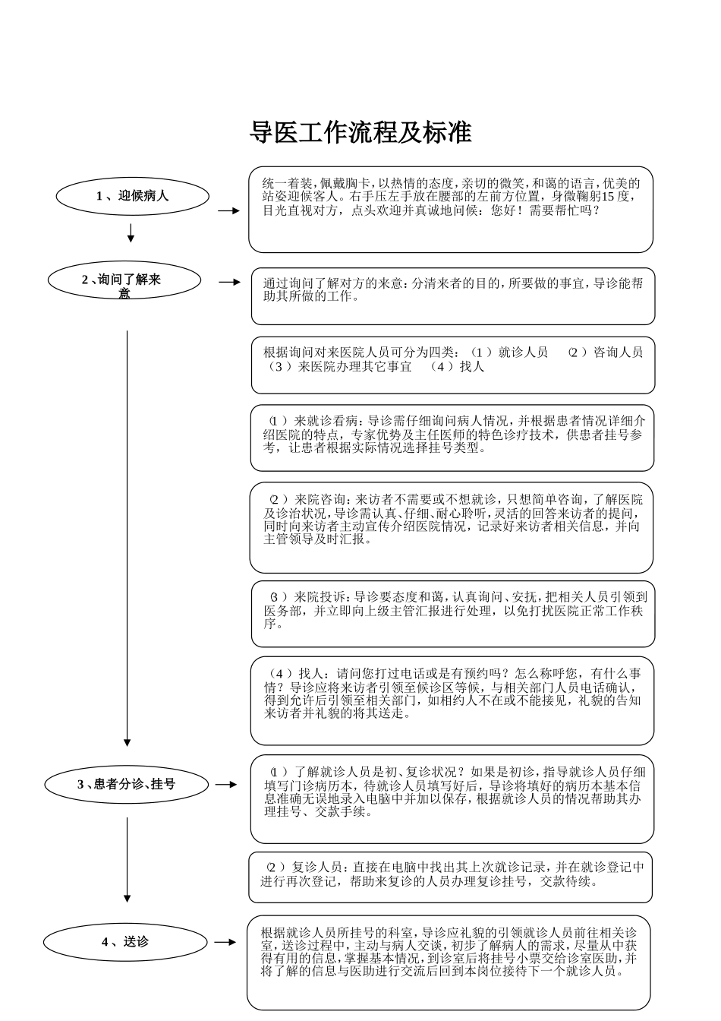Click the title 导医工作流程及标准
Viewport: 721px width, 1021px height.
tap(360, 132)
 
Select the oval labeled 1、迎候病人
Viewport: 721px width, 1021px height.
tap(132, 196)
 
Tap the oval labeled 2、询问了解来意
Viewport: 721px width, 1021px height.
tap(124, 280)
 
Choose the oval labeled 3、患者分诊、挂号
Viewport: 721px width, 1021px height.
tap(126, 784)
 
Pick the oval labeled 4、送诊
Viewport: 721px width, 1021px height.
tap(125, 942)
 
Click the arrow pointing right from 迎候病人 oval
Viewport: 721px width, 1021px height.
tap(228, 210)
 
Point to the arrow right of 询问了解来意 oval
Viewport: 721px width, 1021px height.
tap(230, 282)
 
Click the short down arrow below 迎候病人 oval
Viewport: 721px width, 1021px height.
tap(131, 232)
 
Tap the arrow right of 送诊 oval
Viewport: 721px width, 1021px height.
tap(225, 942)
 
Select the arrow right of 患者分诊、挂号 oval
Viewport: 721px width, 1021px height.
tap(226, 784)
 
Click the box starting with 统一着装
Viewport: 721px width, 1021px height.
tap(451, 210)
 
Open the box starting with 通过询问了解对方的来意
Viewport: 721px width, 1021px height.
tap(453, 296)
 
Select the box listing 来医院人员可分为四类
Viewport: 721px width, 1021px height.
tap(453, 365)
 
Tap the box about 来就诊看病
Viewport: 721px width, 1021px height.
tap(452, 438)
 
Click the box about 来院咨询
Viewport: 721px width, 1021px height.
tap(452, 527)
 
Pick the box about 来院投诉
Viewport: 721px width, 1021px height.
tap(453, 614)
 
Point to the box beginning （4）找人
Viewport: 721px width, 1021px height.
tap(452, 700)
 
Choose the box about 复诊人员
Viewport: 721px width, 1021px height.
tap(451, 877)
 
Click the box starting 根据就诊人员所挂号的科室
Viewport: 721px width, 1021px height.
tap(449, 963)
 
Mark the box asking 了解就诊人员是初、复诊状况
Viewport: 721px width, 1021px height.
tap(452, 799)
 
